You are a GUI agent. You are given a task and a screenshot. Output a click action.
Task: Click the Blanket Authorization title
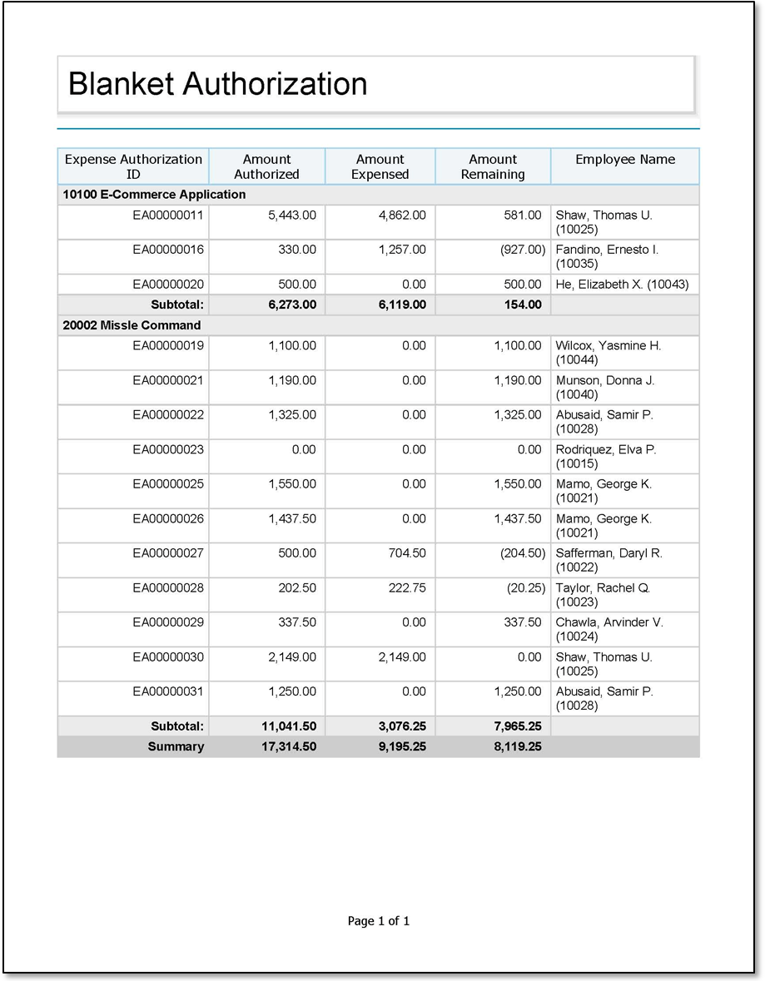click(217, 84)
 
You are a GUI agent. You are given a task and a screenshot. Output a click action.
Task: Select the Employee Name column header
click(625, 160)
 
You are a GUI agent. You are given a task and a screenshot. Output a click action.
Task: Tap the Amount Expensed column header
click(380, 166)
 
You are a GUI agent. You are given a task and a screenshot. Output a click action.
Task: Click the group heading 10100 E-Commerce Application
click(155, 195)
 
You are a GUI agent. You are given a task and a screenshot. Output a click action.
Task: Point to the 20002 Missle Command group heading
click(132, 325)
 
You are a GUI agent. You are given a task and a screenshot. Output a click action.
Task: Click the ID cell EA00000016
click(168, 250)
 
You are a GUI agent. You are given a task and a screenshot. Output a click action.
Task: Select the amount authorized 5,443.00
click(292, 216)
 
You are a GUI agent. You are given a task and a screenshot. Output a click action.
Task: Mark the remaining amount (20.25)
click(524, 588)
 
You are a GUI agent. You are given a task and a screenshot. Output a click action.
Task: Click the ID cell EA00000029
click(168, 622)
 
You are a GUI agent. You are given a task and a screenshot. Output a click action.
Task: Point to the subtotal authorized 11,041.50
click(289, 726)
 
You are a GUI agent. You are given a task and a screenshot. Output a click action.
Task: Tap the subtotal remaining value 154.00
click(523, 305)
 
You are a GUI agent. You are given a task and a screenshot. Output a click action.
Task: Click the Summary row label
click(176, 746)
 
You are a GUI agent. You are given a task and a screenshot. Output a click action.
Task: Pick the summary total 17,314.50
click(289, 746)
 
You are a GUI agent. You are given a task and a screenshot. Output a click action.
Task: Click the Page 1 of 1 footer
click(379, 921)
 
